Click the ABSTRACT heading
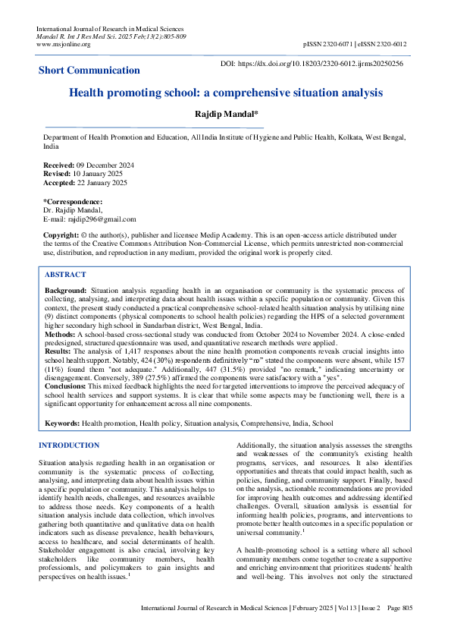point(65,275)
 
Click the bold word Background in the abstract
point(65,290)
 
